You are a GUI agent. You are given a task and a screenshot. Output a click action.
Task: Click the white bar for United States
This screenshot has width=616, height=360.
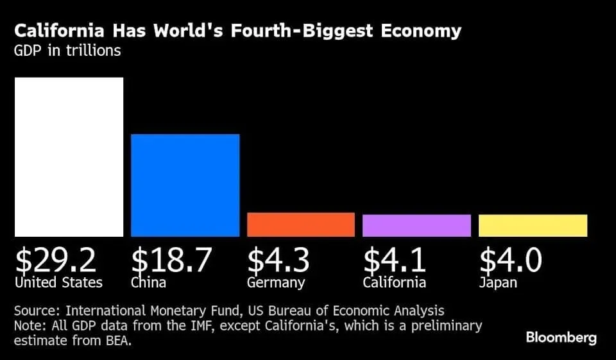pos(69,157)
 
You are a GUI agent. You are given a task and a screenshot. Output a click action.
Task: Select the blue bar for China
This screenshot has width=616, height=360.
pos(185,185)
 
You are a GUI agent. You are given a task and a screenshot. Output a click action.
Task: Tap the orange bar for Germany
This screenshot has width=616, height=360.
pos(301,225)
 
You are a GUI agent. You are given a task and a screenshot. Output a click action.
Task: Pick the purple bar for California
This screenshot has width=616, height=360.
pos(416,225)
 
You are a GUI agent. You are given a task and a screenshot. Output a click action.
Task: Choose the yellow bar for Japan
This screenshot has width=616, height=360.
pos(533,225)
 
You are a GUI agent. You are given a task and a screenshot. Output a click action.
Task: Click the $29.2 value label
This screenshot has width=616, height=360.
pos(56,260)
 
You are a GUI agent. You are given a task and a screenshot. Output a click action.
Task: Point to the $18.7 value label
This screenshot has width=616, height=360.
pos(171,260)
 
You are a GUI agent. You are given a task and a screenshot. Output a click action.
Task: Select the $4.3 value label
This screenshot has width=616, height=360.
pos(278,260)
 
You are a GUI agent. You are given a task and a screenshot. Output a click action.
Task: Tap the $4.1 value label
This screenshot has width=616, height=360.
pos(394,260)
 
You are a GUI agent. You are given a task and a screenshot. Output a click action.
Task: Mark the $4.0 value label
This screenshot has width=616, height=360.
pos(511,260)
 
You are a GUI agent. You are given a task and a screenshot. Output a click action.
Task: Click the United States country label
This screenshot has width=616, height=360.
pos(58,282)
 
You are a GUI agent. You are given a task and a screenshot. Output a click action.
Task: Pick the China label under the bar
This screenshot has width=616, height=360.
pos(148,282)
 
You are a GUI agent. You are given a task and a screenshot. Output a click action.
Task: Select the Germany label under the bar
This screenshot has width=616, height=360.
pos(276,282)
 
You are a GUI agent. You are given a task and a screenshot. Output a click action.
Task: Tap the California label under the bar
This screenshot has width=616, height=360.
pos(394,282)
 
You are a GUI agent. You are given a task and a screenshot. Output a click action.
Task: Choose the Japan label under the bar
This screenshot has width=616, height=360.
pos(498,282)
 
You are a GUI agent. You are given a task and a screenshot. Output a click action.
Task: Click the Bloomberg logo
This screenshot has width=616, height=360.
pos(561,338)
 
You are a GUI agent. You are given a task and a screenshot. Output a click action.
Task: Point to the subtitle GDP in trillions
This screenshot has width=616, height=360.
pos(67,51)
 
